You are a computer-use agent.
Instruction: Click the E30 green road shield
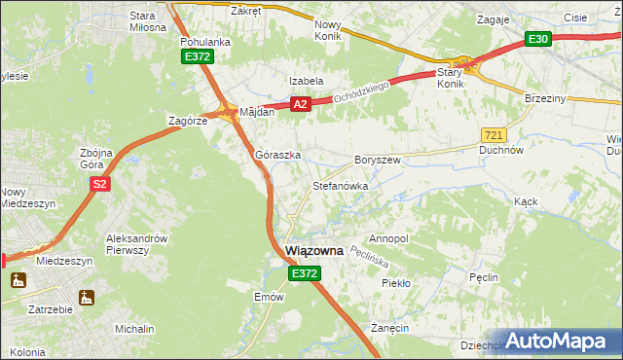[538, 39]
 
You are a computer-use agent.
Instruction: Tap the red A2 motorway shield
[299, 104]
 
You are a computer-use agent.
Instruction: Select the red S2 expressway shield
[98, 183]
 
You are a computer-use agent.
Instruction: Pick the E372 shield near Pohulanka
[197, 57]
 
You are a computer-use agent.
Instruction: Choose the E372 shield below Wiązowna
[303, 275]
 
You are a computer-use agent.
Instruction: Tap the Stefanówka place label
[339, 184]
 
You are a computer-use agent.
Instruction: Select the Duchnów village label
[502, 151]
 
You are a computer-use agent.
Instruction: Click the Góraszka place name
[277, 155]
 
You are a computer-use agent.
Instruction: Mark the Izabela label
[306, 82]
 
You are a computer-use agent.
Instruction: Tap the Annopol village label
[388, 238]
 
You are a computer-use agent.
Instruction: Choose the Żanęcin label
[388, 329]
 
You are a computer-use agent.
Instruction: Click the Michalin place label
[134, 329]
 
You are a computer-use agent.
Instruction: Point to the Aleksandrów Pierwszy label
[137, 244]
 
